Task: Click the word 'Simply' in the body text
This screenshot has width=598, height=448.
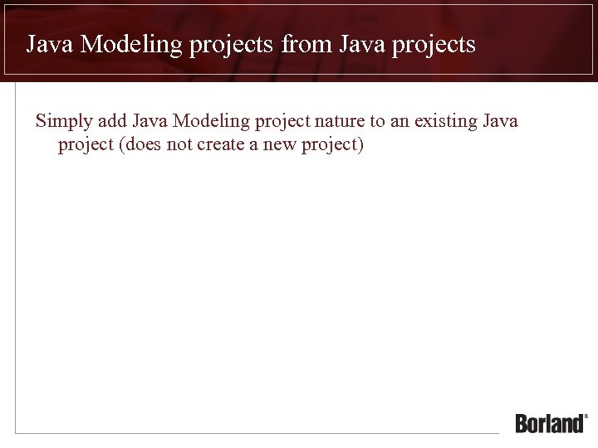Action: point(63,122)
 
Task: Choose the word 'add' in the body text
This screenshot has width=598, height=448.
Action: point(113,121)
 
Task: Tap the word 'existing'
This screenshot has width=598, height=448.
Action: point(446,122)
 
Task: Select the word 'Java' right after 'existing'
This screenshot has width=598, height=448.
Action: point(501,121)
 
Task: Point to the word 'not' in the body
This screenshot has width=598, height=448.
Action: point(181,146)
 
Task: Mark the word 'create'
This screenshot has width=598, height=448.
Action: point(220,146)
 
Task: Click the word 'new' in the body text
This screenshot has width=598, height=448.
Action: point(280,146)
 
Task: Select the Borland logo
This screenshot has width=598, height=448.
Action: point(550,423)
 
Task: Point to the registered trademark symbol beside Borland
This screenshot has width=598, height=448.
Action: point(586,416)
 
